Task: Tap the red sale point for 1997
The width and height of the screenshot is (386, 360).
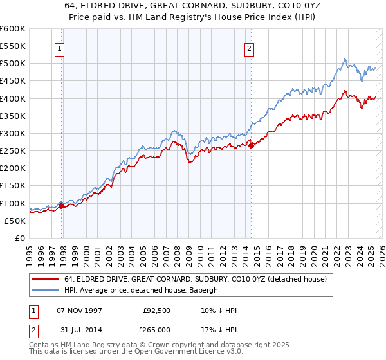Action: point(62,206)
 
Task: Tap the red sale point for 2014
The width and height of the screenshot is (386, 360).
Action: point(251,145)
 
